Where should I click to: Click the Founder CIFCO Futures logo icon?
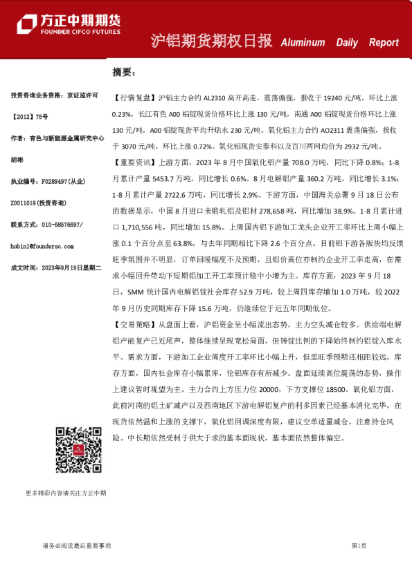click(x=28, y=26)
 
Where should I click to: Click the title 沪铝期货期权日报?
click(x=211, y=41)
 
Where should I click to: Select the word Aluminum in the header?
click(x=303, y=42)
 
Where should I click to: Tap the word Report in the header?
click(x=384, y=42)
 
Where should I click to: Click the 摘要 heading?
click(x=125, y=72)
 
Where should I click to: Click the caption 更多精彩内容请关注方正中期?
click(x=66, y=493)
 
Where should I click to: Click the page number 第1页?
click(x=359, y=545)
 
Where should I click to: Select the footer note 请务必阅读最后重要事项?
click(x=77, y=545)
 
